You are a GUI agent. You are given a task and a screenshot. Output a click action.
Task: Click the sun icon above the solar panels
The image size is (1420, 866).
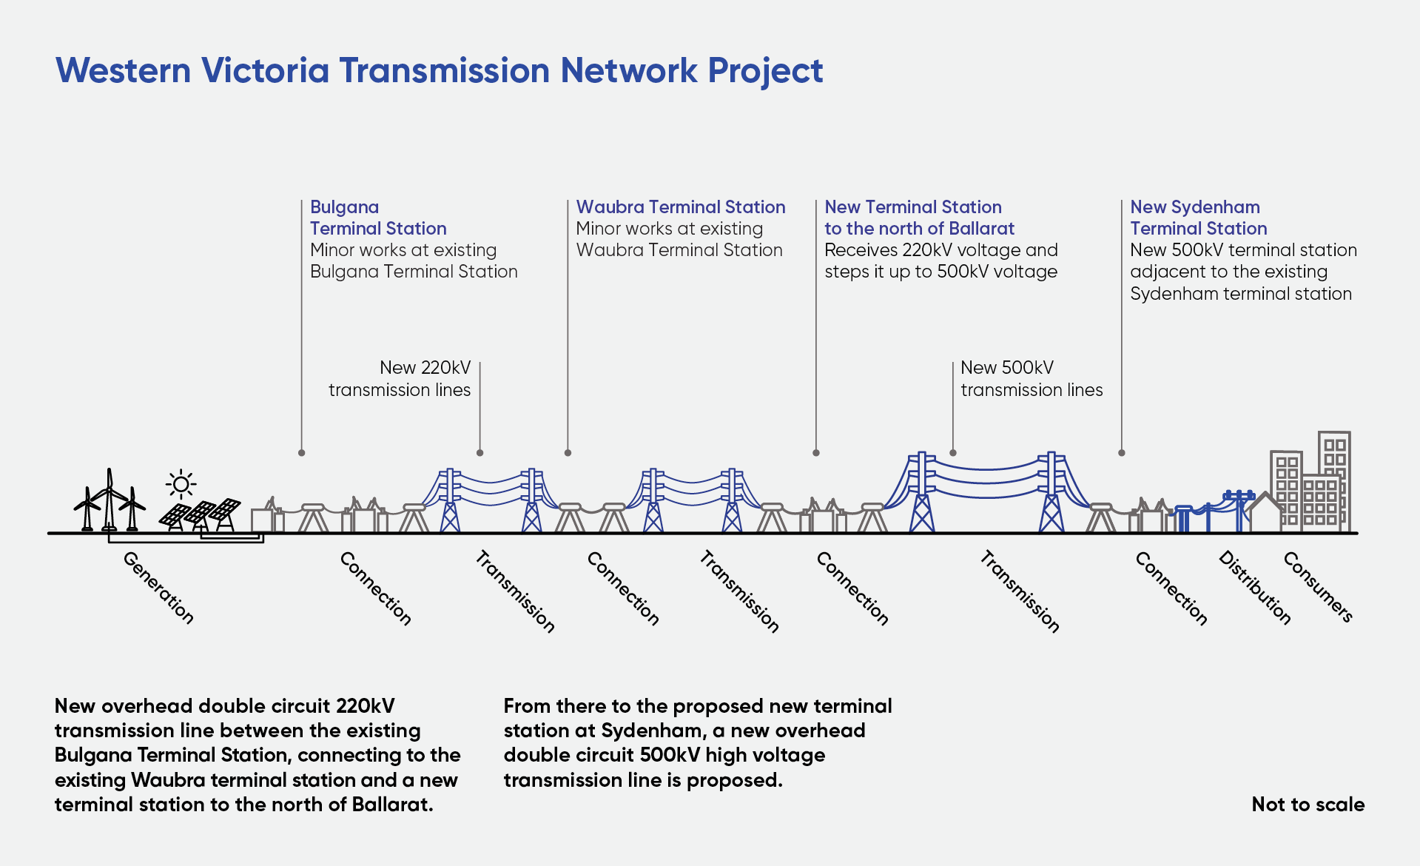(181, 485)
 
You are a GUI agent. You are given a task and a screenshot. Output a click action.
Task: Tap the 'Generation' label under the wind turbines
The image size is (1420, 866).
(158, 588)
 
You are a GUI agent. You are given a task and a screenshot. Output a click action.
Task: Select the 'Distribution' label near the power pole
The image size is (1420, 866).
(1254, 588)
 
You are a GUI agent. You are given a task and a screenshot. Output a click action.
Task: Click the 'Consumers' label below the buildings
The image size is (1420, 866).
(1318, 586)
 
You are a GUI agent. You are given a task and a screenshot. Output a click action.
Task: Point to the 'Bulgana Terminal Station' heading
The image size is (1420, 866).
(377, 218)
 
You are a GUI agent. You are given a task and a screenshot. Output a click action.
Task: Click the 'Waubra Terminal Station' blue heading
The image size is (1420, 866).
(680, 207)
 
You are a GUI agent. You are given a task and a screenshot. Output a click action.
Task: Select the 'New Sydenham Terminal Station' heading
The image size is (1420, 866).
(1198, 218)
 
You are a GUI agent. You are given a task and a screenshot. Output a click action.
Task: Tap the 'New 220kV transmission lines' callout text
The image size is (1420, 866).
(400, 378)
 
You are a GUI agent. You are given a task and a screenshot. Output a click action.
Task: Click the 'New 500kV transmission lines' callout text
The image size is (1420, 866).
(1031, 378)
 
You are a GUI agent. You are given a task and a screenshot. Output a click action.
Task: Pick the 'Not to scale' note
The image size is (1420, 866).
(1308, 805)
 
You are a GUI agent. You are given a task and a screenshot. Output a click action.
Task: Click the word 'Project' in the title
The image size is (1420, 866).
(765, 71)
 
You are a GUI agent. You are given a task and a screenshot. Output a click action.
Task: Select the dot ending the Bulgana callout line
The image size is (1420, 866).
(301, 452)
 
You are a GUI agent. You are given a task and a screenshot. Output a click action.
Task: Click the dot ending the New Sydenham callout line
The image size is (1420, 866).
(1122, 452)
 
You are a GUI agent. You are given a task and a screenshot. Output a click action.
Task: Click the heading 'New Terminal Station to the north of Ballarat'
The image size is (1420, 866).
(918, 218)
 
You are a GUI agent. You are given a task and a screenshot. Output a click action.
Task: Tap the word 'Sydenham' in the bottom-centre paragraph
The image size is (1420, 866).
(650, 731)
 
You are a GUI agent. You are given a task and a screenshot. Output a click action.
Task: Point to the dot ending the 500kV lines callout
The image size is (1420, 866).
(953, 452)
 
